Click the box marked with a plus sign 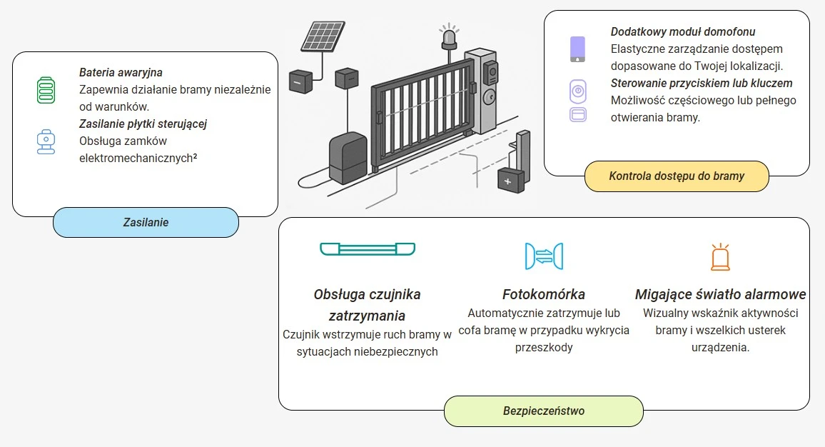510,181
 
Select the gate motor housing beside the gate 348,159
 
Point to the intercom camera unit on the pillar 491,71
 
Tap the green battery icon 46,91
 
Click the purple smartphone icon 577,49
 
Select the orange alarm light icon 720,257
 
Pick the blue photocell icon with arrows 544,256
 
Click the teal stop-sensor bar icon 368,248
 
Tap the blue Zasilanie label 146,222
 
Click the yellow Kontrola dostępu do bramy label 677,176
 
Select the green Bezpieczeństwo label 544,411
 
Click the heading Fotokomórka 544,294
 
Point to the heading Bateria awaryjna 121,72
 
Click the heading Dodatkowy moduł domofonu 682,32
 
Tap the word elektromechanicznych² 138,158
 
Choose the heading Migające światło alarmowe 720,294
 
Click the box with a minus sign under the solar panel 300,82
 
